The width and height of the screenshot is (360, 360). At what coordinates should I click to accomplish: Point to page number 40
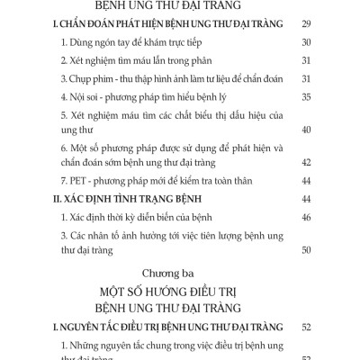tap(306, 130)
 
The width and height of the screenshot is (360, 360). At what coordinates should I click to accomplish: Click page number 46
tap(306, 219)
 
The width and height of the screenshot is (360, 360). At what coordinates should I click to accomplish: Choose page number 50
tap(306, 251)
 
